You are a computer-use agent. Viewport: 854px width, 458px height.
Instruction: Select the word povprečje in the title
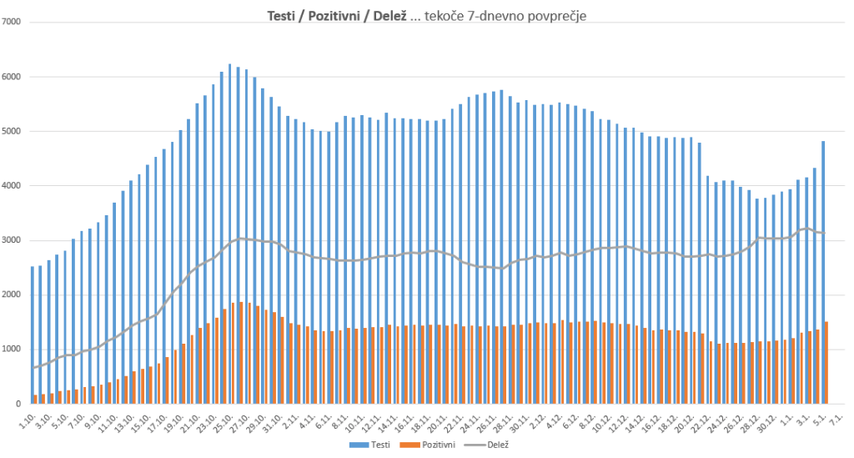click(x=561, y=16)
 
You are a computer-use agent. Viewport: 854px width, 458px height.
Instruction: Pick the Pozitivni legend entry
click(x=434, y=445)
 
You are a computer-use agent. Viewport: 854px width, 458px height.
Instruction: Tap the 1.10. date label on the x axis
click(x=27, y=420)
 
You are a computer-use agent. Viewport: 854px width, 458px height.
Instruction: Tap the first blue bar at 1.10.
click(x=33, y=335)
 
